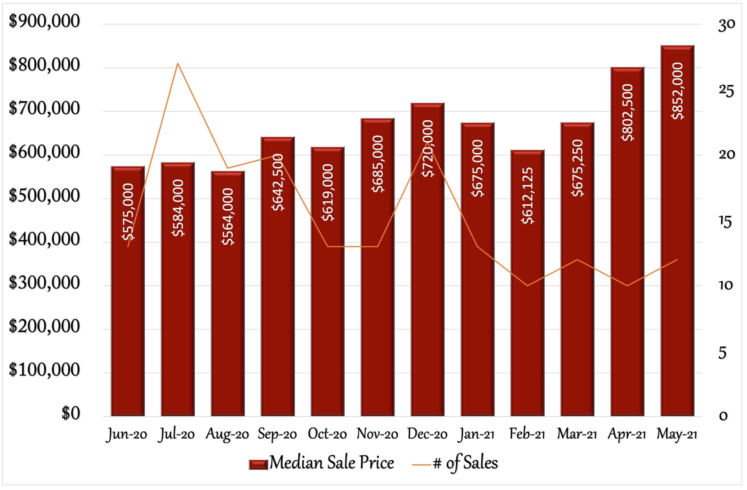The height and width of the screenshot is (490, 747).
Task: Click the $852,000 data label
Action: [x=678, y=91]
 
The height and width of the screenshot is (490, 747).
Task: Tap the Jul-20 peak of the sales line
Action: [x=178, y=63]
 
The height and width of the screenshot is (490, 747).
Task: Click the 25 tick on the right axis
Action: [x=726, y=91]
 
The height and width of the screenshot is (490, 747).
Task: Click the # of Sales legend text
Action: [x=465, y=463]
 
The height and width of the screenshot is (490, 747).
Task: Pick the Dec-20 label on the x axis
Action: [x=427, y=434]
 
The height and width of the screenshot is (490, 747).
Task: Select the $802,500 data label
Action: [x=628, y=112]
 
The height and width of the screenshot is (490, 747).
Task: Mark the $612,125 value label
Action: [x=528, y=196]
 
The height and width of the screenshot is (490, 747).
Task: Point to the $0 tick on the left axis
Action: [x=71, y=414]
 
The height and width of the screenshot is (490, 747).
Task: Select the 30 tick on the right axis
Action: [x=726, y=25]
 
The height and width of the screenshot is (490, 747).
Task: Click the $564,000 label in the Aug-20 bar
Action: [x=228, y=216]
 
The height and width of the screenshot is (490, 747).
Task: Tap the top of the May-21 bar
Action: [x=677, y=46]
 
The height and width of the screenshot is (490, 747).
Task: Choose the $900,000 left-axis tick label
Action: [x=44, y=22]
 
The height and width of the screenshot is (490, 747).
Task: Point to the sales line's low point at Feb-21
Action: [x=527, y=286]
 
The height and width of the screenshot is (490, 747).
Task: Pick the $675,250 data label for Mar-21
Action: [x=577, y=168]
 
